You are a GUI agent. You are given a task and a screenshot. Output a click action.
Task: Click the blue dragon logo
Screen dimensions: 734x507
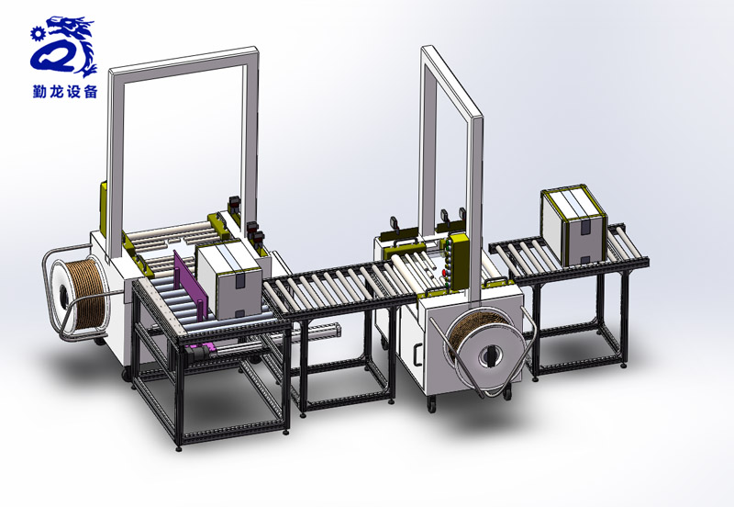[x=64, y=47]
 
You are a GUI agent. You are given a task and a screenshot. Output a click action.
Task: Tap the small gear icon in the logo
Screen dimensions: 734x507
[x=36, y=34]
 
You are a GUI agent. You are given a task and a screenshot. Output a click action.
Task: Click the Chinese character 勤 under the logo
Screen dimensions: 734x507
[x=39, y=91]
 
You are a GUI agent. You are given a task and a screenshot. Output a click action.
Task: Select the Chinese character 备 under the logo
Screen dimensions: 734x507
[x=90, y=91]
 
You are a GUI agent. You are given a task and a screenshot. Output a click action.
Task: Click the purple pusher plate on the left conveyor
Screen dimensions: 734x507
[x=189, y=285]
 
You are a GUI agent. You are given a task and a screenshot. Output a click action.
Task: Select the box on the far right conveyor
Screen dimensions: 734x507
[x=574, y=226]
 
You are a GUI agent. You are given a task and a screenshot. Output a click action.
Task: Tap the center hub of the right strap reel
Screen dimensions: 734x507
[x=490, y=357]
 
